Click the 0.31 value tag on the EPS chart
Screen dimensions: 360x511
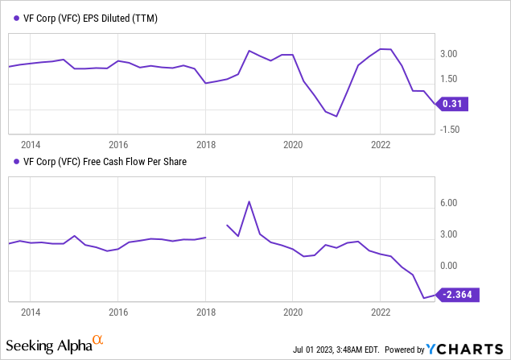pos(455,104)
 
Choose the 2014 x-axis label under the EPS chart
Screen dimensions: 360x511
pos(31,145)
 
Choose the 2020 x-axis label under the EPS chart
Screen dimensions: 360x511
pos(293,145)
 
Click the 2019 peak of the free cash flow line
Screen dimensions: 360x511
pos(249,201)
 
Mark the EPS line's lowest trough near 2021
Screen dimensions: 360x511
pos(336,116)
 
